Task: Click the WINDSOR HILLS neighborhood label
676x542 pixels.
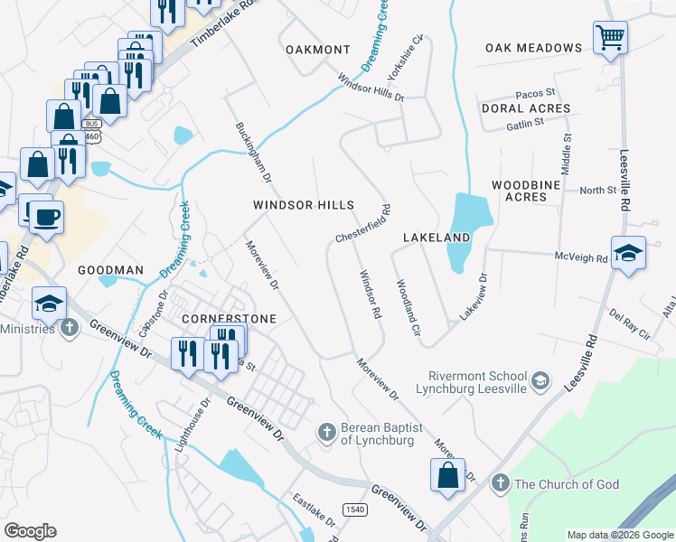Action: click(303, 206)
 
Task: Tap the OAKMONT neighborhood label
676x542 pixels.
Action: click(317, 49)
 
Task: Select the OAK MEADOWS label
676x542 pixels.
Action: click(533, 48)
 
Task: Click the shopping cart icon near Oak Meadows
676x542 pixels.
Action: click(611, 39)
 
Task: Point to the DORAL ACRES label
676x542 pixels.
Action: click(525, 108)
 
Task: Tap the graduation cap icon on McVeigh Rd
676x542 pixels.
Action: click(628, 253)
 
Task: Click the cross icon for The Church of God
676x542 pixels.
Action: click(500, 484)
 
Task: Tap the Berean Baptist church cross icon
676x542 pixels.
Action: click(327, 433)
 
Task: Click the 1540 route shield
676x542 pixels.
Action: click(353, 509)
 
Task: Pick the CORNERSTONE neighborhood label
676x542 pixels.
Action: click(228, 319)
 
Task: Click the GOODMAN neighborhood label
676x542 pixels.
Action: click(110, 270)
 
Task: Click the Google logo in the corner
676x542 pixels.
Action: click(30, 531)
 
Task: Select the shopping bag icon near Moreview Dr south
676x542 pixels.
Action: click(447, 475)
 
